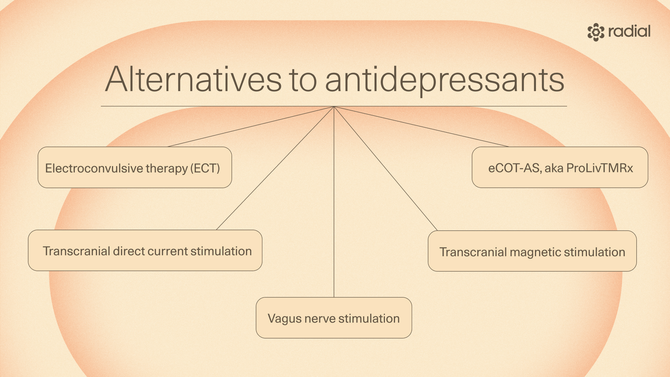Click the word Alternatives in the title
[193, 80]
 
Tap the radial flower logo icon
[596, 32]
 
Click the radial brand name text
[629, 31]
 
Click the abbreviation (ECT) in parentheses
[205, 168]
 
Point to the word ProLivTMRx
[600, 168]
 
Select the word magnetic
[535, 252]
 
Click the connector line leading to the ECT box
[251, 127]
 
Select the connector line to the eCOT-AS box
[421, 127]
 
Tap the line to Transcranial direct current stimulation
[276, 168]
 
